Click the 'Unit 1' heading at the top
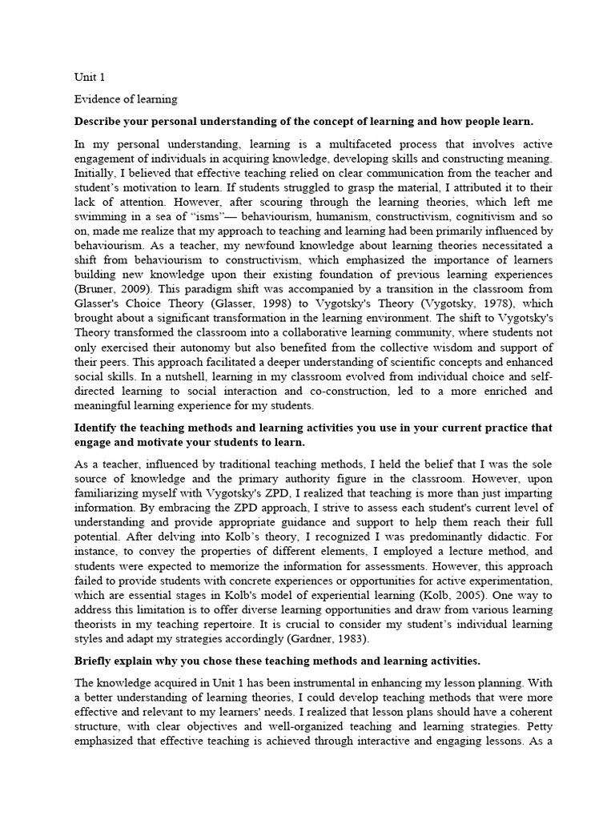[x=90, y=78]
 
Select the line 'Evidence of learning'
[x=126, y=99]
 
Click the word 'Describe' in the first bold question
[x=101, y=121]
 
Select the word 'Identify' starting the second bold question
[x=98, y=428]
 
